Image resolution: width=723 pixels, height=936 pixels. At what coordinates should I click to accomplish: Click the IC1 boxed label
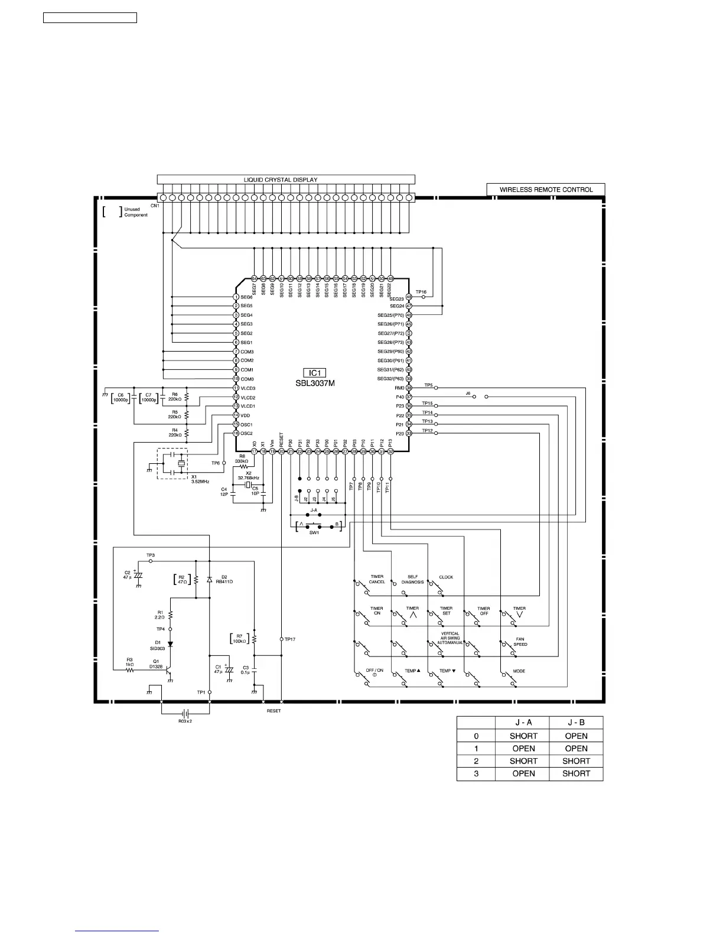(x=315, y=373)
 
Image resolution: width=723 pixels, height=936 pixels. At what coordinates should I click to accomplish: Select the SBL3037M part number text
(x=315, y=383)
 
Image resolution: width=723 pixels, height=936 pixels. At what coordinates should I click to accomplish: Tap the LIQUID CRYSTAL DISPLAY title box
(x=286, y=180)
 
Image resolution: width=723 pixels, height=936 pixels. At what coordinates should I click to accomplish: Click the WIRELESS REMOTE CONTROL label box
(x=546, y=190)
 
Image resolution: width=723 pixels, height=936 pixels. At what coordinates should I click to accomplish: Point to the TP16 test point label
(x=421, y=292)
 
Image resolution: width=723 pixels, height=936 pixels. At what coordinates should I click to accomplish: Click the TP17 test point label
(x=290, y=639)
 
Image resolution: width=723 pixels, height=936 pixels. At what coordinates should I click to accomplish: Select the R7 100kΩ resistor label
(x=239, y=639)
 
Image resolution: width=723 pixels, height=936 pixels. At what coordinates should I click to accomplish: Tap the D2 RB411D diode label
(x=227, y=579)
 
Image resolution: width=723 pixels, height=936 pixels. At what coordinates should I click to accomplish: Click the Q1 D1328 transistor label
(x=156, y=664)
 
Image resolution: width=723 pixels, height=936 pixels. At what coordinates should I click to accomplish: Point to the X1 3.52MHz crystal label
(x=200, y=479)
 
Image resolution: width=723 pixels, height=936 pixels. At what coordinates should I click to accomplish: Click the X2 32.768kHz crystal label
(x=248, y=476)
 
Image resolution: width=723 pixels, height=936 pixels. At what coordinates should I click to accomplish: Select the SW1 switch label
(x=314, y=533)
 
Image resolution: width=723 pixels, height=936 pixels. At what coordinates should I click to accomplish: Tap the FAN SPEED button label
(x=520, y=642)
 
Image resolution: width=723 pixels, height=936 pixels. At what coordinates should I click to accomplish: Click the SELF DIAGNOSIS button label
(x=413, y=580)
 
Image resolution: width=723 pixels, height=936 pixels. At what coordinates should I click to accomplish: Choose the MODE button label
(x=519, y=671)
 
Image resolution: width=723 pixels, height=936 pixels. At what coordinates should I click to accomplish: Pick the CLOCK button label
(x=446, y=577)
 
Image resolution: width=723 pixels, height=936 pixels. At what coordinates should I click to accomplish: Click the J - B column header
(x=576, y=723)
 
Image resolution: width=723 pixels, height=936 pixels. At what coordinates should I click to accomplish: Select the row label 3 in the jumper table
(x=476, y=773)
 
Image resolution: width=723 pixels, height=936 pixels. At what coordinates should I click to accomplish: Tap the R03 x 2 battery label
(x=185, y=721)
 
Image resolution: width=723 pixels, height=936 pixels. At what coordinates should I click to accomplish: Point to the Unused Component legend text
(x=135, y=212)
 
